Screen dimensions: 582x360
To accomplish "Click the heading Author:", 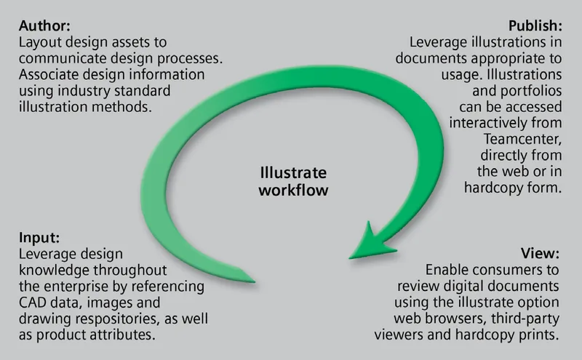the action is [44, 25].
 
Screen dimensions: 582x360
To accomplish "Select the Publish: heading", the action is [535, 25].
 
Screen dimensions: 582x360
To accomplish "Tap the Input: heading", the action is [39, 238].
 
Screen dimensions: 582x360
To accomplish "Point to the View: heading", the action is [540, 254].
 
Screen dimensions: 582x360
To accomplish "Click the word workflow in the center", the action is [294, 190].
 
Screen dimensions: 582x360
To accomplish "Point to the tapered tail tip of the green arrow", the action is [255, 281].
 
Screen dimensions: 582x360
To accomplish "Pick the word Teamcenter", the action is [522, 139].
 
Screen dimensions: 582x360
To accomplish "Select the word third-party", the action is [525, 319].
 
